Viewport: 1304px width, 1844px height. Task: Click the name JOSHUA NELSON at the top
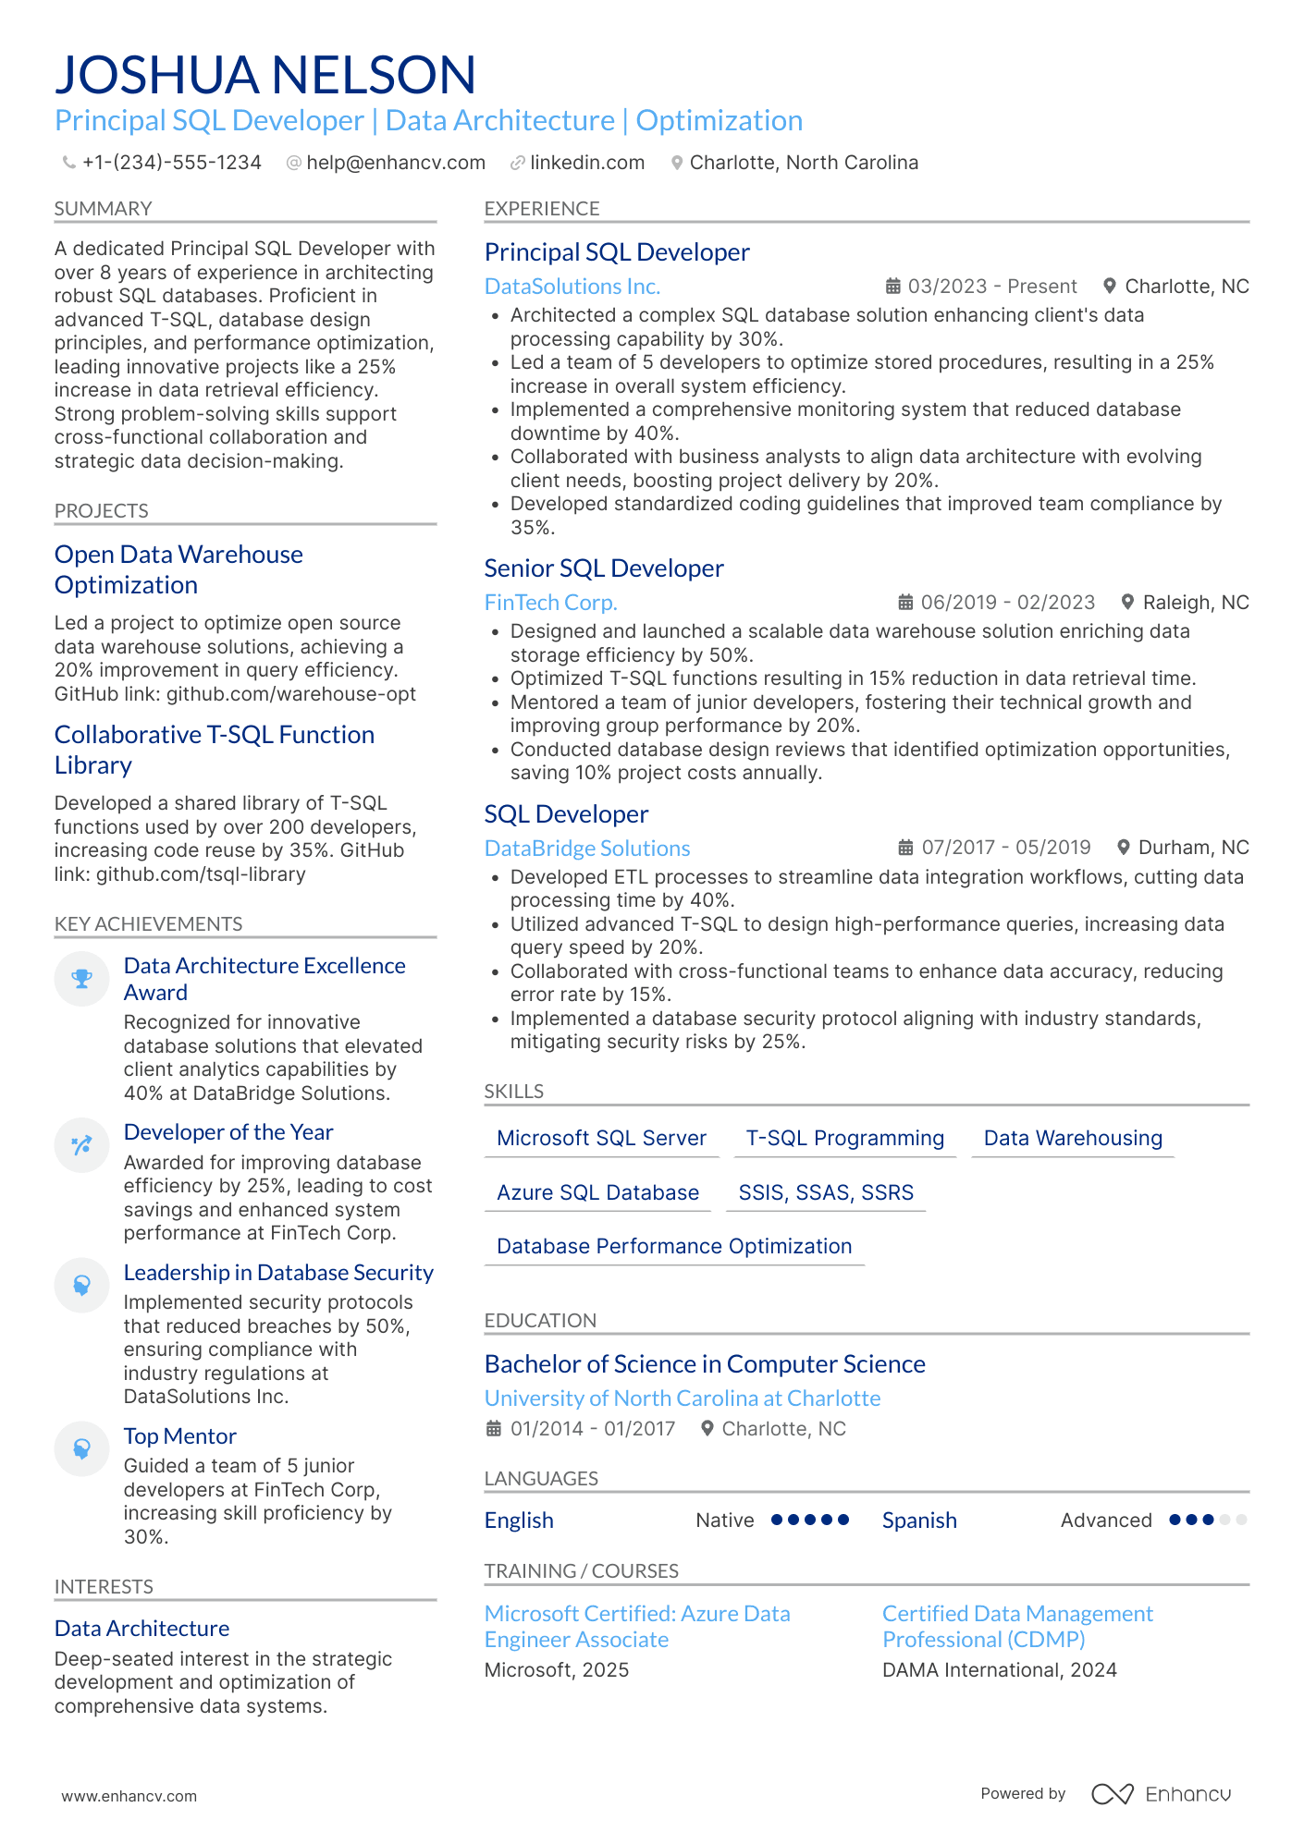[x=265, y=75]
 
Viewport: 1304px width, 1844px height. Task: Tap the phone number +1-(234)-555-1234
[x=171, y=163]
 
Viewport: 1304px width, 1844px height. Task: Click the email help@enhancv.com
[x=395, y=163]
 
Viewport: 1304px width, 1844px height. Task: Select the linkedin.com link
[x=586, y=163]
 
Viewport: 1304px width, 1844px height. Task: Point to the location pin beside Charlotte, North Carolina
[x=677, y=163]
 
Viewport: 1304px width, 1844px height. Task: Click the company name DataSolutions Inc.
[x=572, y=287]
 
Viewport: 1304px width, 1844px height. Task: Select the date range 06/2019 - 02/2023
[x=1007, y=603]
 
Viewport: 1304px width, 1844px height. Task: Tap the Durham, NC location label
[x=1192, y=848]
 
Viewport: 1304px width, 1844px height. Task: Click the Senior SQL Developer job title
[x=603, y=568]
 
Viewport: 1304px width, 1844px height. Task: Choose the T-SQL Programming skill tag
[x=844, y=1138]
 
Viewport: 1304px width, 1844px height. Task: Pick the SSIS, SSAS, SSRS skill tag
[x=825, y=1192]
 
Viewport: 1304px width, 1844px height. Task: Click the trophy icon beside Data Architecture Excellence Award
[x=81, y=979]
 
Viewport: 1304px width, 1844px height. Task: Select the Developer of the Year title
[x=228, y=1132]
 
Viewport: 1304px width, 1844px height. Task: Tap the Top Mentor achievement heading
[x=180, y=1436]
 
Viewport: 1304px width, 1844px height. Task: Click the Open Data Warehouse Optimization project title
[x=178, y=569]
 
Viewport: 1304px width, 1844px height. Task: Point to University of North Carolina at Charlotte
[x=682, y=1398]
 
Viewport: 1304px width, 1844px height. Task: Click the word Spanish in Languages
[x=918, y=1520]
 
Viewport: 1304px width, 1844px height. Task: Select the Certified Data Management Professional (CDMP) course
[x=1016, y=1627]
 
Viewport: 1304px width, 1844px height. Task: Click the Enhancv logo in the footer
[x=1161, y=1794]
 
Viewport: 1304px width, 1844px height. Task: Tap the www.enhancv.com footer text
[x=129, y=1796]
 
